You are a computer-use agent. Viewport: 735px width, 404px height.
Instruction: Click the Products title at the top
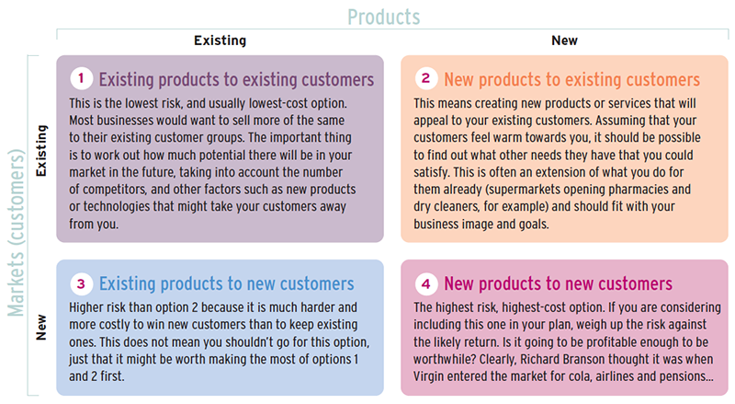tap(383, 17)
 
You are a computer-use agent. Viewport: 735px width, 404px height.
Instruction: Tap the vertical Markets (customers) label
tap(17, 233)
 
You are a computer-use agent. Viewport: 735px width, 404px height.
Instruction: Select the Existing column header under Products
tap(220, 40)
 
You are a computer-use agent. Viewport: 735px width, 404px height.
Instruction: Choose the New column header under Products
tap(564, 40)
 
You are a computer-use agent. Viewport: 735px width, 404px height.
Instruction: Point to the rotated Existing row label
tap(41, 150)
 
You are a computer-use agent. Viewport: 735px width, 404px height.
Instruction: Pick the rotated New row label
tap(41, 328)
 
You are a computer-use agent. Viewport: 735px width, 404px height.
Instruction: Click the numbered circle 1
tap(82, 78)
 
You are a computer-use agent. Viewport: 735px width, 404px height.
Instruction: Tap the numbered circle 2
tap(426, 78)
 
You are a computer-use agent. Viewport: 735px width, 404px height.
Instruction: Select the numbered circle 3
tap(82, 283)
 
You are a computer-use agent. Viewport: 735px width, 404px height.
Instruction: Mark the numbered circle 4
tap(426, 283)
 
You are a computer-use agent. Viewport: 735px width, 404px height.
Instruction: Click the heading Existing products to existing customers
tap(236, 79)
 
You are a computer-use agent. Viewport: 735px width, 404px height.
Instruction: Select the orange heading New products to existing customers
tap(571, 79)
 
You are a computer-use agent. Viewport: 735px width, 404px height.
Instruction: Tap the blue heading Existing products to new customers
tap(226, 283)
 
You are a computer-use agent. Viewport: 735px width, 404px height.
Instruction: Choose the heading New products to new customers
tap(559, 283)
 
